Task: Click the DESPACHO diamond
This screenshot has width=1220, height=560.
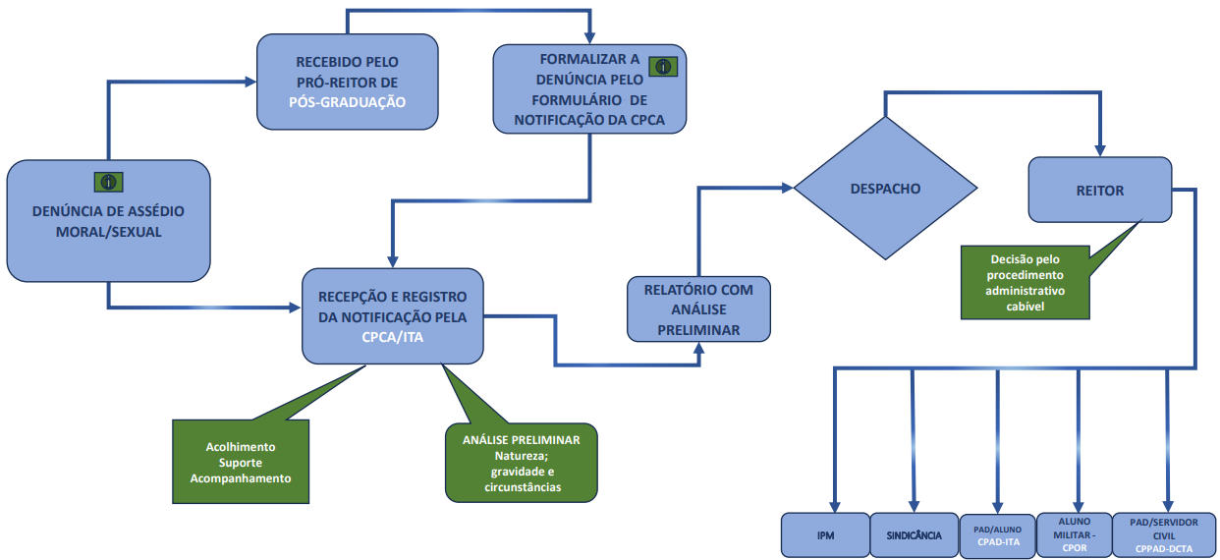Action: tap(886, 188)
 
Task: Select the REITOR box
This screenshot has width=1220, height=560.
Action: tap(1099, 190)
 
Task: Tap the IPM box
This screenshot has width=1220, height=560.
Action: tap(825, 534)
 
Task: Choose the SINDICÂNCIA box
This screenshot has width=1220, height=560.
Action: tap(914, 534)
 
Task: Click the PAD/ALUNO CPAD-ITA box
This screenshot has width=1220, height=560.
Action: tap(997, 536)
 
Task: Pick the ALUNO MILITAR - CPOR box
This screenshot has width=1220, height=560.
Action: tap(1074, 534)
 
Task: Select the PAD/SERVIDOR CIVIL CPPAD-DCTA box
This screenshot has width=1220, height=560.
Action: tap(1164, 534)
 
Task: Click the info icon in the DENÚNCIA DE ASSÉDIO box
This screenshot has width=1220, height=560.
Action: tap(108, 182)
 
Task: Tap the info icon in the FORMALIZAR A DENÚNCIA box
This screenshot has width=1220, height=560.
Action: tap(663, 67)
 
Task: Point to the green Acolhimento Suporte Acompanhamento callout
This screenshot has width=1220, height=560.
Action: tap(241, 461)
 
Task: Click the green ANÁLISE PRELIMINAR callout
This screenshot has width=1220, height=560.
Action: tap(522, 462)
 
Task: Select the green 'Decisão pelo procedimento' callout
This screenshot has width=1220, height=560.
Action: tap(1026, 282)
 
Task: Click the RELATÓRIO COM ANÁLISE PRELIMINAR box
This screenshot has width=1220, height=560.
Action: tap(698, 308)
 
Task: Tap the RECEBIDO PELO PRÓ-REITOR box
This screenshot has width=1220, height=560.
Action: tap(348, 82)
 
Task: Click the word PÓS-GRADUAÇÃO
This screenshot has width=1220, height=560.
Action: tap(348, 102)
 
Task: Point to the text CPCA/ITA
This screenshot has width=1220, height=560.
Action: tap(392, 337)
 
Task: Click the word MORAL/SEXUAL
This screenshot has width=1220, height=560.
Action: tap(108, 232)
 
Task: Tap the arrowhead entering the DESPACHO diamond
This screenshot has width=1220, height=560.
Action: tap(788, 188)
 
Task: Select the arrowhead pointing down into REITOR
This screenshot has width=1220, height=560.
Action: tap(1099, 150)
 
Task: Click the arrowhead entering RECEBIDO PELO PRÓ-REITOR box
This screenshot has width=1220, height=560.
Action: tap(250, 82)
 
